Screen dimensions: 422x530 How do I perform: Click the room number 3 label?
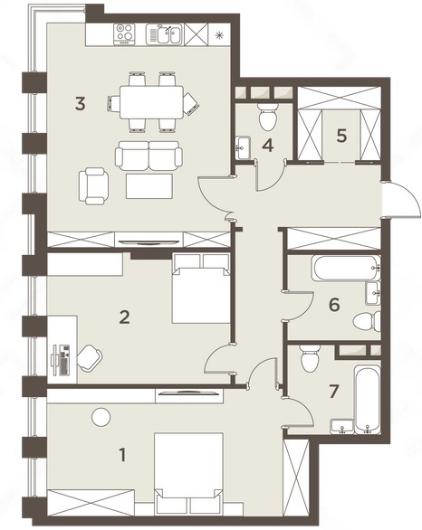click(81, 103)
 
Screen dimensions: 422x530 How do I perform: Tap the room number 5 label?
click(341, 136)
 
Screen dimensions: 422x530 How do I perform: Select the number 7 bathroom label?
click(333, 392)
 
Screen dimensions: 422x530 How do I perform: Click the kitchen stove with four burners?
click(124, 34)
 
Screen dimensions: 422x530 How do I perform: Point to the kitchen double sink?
click(165, 34)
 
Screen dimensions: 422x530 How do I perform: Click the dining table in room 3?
click(151, 101)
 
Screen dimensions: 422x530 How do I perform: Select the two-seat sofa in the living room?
click(149, 156)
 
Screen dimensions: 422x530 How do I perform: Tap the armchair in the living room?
click(94, 186)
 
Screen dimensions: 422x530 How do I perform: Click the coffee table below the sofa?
click(149, 186)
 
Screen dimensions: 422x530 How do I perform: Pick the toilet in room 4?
click(268, 117)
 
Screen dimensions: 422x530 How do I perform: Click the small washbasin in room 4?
click(243, 147)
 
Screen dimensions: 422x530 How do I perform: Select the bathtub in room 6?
click(347, 268)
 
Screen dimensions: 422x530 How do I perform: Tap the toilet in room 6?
click(367, 321)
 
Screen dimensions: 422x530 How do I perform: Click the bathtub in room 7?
click(368, 399)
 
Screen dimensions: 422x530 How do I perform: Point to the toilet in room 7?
click(310, 358)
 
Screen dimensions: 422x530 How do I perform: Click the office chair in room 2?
click(90, 357)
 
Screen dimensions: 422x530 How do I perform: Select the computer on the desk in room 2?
click(61, 360)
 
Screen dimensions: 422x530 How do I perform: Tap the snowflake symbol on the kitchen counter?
click(220, 34)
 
